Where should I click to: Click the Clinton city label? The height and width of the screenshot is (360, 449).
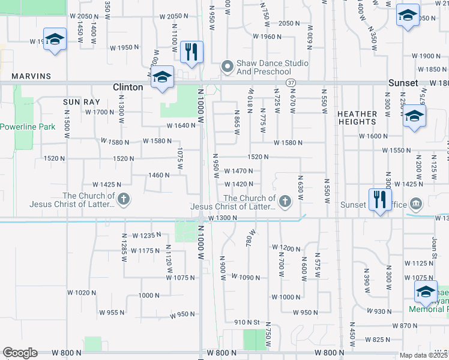[x=128, y=87]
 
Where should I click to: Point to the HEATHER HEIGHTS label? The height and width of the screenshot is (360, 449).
[x=357, y=118]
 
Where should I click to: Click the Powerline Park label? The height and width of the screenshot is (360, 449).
[x=28, y=127]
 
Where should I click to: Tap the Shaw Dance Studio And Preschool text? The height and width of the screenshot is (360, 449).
[x=264, y=67]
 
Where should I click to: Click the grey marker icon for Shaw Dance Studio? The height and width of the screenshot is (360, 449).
[x=227, y=67]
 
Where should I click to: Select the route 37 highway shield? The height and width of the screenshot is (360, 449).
[x=291, y=82]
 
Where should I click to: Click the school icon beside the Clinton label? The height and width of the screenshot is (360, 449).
[x=163, y=77]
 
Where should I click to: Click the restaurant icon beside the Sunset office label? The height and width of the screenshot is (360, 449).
[x=380, y=198]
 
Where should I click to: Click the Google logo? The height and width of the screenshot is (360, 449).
[x=20, y=353]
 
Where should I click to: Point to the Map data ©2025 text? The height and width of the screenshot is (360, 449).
[x=424, y=355]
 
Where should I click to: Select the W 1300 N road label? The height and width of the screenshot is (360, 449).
[x=223, y=218]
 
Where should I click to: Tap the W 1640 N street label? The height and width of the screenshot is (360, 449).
[x=181, y=126]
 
